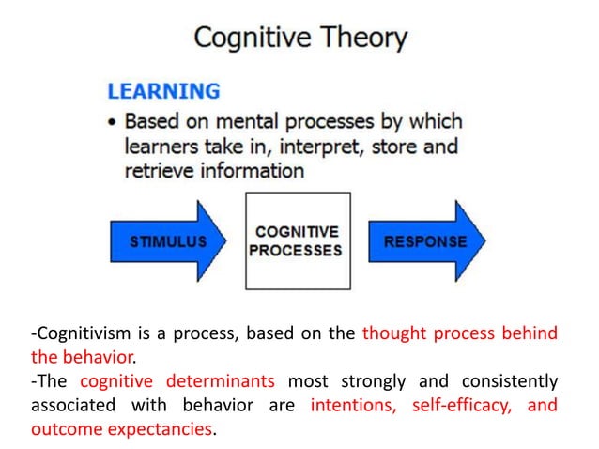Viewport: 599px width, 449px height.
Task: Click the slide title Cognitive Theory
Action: (299, 39)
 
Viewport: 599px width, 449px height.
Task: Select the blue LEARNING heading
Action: (163, 92)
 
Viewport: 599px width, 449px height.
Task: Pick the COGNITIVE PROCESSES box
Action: (298, 241)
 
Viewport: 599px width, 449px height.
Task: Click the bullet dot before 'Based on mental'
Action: (113, 123)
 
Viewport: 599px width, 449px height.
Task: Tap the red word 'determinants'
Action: (222, 382)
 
